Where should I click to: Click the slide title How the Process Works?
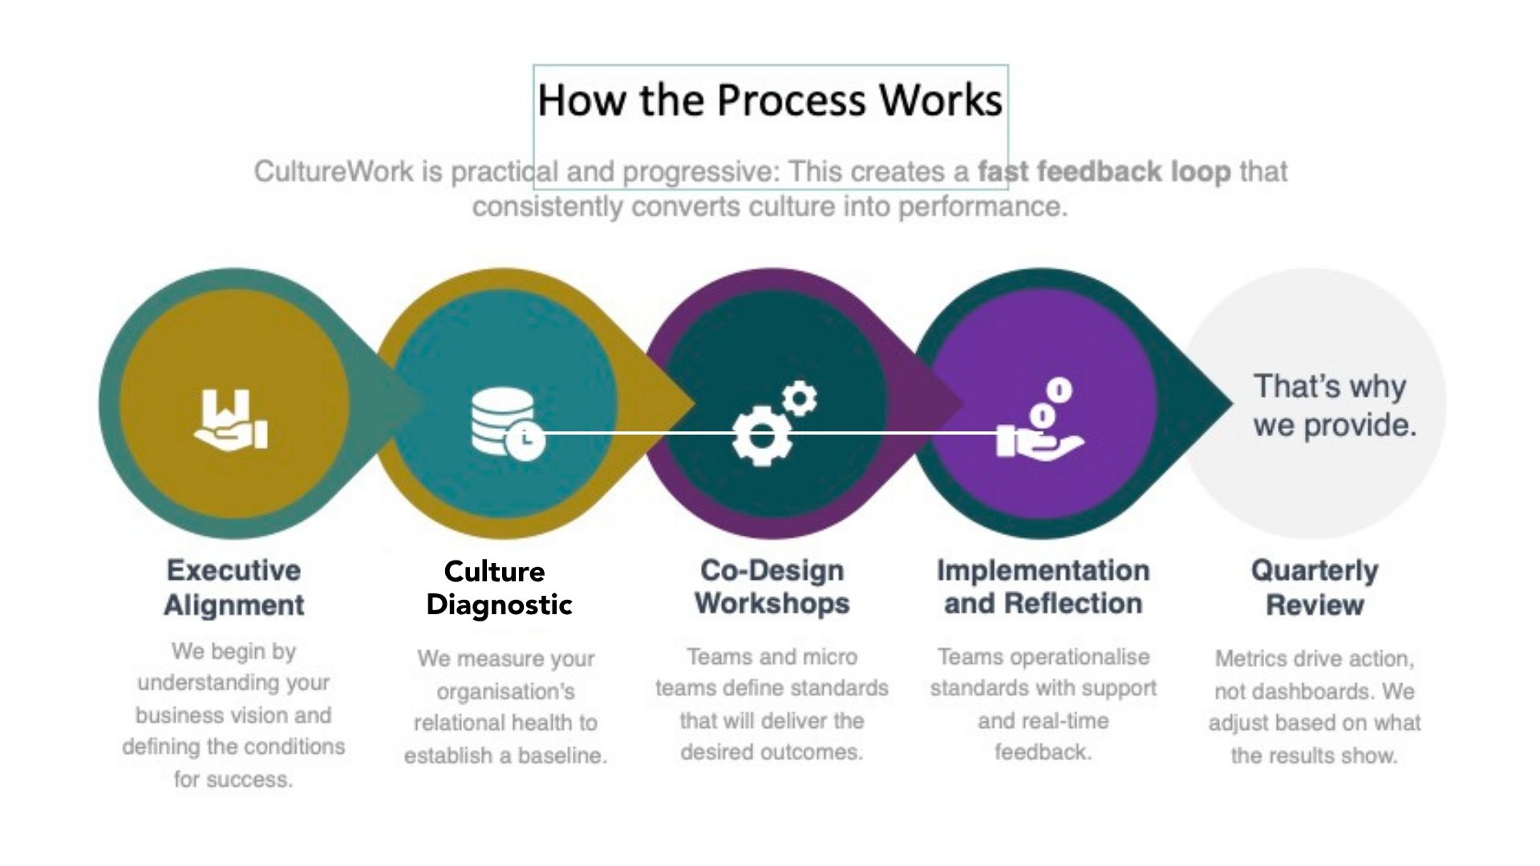tap(770, 100)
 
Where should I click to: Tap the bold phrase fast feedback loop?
tap(1104, 172)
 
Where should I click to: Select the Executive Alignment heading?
tap(233, 587)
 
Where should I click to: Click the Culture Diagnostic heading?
tap(499, 587)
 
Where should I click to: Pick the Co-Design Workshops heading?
tap(772, 587)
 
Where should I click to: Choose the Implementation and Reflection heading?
tap(1043, 587)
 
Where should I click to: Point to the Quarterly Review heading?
tap(1315, 587)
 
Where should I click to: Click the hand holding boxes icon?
tap(231, 420)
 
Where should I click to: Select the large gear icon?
tap(760, 436)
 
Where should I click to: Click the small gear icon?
tap(800, 399)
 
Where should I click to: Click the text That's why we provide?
tap(1334, 406)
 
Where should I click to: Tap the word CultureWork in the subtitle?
tap(334, 172)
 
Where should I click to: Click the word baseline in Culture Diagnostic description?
tap(562, 755)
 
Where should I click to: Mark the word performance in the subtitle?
tap(983, 207)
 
